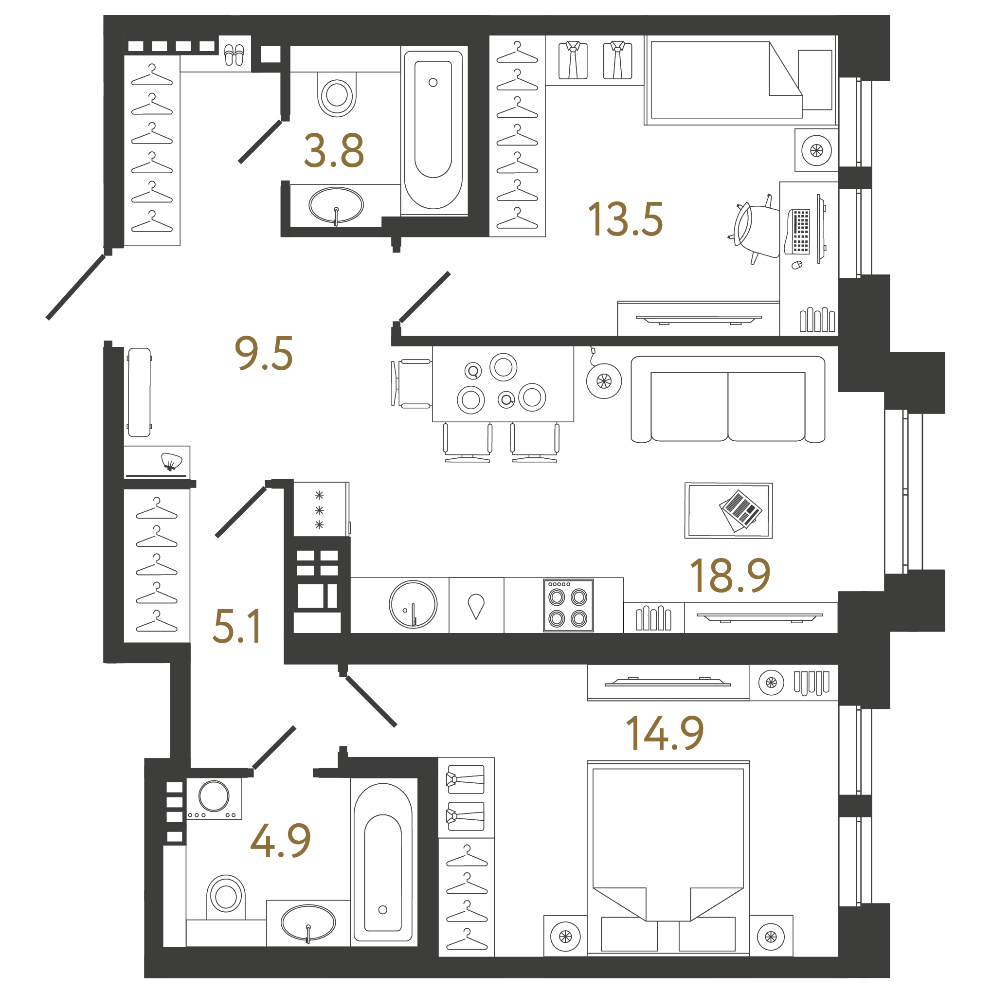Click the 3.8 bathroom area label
tap(334, 150)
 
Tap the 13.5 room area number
tap(625, 220)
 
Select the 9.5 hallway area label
tap(263, 353)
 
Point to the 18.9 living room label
tap(730, 575)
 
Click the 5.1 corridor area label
tap(237, 626)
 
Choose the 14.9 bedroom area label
tap(665, 733)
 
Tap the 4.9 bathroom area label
tap(280, 841)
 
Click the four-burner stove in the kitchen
tap(568, 605)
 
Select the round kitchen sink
tap(414, 605)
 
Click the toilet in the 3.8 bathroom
tap(337, 94)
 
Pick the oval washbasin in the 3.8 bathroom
tap(336, 205)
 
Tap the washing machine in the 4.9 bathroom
tap(214, 798)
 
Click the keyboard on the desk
tap(799, 232)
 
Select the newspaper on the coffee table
tap(741, 510)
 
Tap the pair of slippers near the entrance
tap(234, 54)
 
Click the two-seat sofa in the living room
tap(727, 400)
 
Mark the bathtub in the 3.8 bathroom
tap(433, 130)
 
